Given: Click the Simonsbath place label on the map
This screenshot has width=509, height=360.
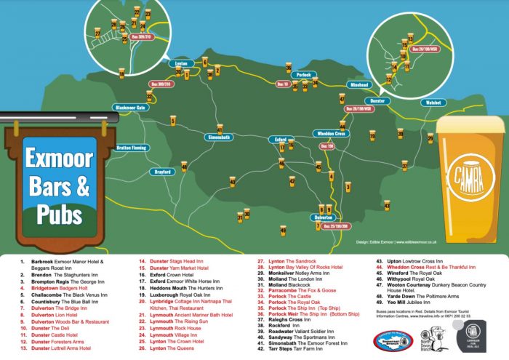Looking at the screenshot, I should tap(218, 137).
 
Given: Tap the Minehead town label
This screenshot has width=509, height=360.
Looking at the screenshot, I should tap(359, 84).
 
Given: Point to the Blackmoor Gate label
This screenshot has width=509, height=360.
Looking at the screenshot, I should tap(130, 108).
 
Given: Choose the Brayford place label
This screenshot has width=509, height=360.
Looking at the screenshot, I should tap(164, 172).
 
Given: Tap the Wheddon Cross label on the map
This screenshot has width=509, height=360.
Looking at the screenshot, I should tap(332, 133).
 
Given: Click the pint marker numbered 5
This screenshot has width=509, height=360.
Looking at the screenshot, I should tap(173, 120).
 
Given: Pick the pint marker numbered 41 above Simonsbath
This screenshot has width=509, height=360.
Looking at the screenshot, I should tap(219, 125).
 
